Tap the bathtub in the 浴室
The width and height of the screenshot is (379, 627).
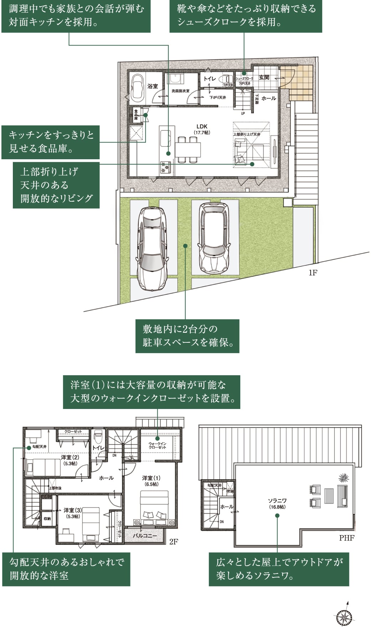point(137,89)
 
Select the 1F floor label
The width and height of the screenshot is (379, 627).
point(313,273)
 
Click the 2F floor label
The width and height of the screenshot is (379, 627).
point(174,542)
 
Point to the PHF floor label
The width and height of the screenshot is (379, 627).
point(347,538)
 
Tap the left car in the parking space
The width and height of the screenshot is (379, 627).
point(152,248)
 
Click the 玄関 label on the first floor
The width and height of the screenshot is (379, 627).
point(264,77)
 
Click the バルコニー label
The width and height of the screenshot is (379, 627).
point(145,536)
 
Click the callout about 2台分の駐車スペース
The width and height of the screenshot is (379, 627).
point(187,336)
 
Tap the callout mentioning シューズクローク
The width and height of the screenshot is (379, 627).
point(246,16)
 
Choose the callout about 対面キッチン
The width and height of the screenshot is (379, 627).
point(76,16)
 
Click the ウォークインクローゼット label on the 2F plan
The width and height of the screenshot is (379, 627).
point(157,445)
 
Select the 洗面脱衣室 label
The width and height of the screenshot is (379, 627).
point(180,91)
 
